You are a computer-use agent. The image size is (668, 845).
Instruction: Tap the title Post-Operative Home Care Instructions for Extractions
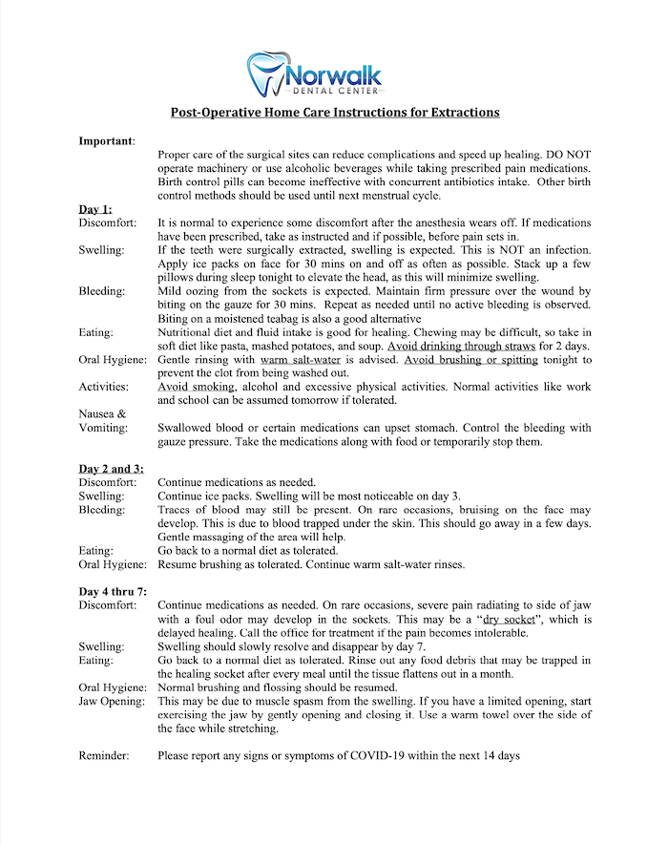335,112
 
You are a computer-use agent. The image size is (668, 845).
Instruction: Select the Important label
106,140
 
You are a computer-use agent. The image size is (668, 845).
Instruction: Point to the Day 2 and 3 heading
112,469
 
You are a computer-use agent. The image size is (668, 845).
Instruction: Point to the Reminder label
104,756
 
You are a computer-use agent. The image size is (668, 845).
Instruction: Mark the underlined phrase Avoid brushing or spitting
470,360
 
